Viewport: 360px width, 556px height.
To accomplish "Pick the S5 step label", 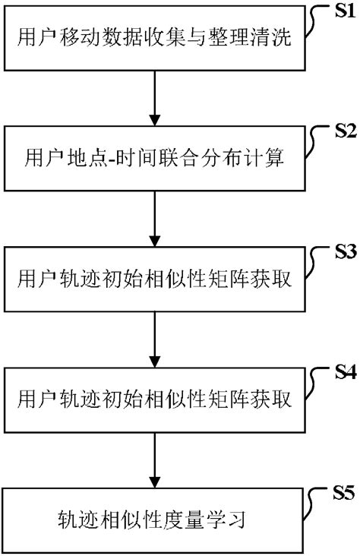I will pos(343,494).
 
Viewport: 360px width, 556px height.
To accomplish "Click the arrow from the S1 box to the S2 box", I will pos(155,96).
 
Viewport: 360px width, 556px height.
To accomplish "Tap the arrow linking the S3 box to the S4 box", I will pos(155,340).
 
